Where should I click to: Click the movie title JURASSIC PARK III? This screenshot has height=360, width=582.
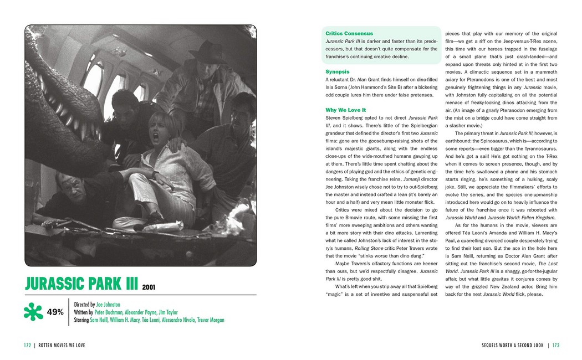[81, 284]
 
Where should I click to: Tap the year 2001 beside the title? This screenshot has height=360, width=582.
[149, 287]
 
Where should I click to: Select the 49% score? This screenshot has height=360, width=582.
[55, 312]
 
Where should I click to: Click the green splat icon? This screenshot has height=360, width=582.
[33, 311]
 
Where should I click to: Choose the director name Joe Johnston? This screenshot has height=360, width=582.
[108, 305]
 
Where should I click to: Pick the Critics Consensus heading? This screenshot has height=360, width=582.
[349, 34]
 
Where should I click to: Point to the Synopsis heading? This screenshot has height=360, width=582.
[338, 72]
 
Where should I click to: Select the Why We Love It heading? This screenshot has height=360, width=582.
[346, 110]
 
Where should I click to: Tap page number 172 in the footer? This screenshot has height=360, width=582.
[27, 346]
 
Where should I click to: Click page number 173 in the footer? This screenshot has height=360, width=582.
[555, 346]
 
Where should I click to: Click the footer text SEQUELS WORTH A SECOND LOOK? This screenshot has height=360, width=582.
[512, 346]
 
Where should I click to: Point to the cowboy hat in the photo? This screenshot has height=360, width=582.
[207, 54]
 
